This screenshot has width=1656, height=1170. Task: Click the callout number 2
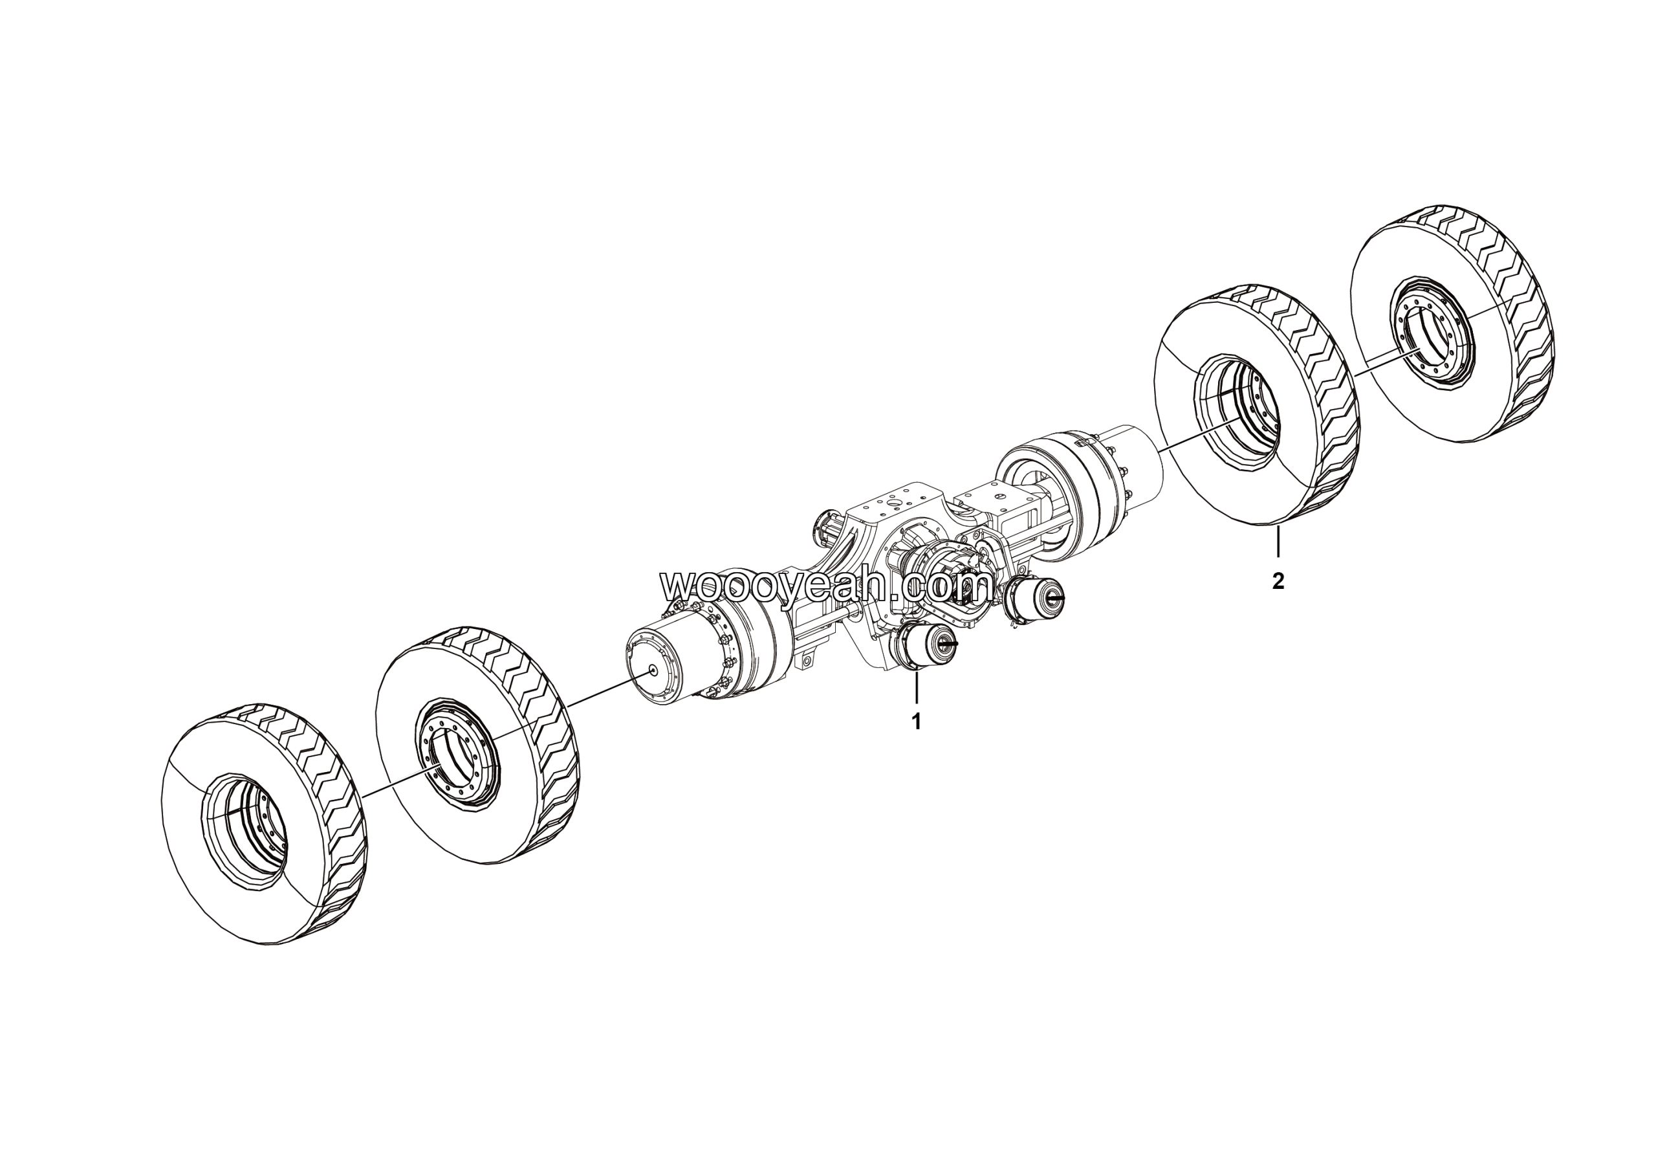click(1278, 580)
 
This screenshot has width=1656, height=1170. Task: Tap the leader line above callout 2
click(1278, 542)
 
